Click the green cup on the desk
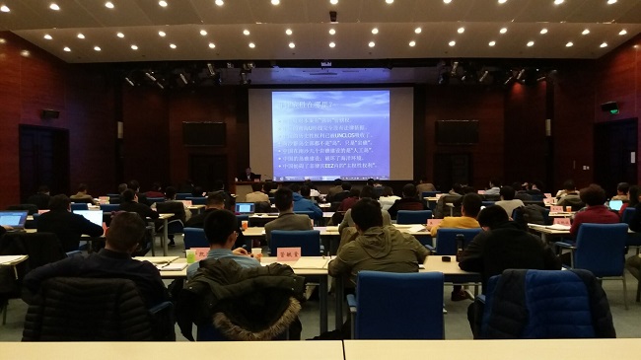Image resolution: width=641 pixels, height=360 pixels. pos(190,256)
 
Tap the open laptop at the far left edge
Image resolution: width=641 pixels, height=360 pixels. pos(12,219)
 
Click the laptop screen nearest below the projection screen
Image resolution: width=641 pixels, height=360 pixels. pos(244,208)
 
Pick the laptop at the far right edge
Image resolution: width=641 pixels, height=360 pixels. pos(615,205)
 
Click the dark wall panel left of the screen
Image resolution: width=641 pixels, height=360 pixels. pos(204,133)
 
